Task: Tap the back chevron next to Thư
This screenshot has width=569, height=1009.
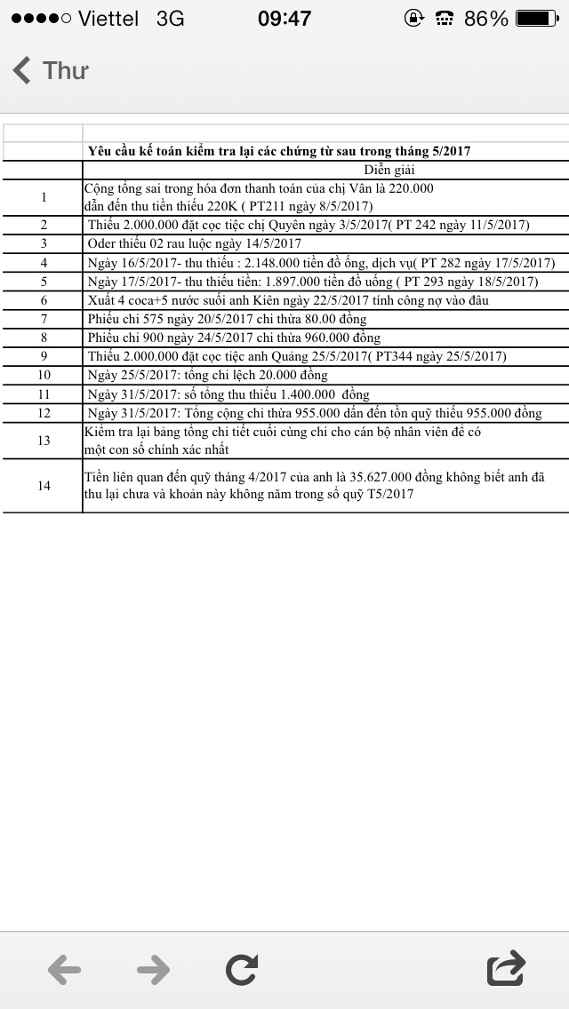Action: (x=22, y=70)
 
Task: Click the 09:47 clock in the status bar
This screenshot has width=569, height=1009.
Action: (x=284, y=18)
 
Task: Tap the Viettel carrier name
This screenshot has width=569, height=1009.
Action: (x=108, y=18)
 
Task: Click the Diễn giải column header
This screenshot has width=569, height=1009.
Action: (x=389, y=170)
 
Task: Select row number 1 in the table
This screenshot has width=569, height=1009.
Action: (x=44, y=197)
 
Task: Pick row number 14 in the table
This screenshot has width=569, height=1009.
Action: (x=44, y=486)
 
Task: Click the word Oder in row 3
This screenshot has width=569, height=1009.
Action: (x=104, y=243)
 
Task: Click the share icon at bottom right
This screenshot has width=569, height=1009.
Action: (x=506, y=968)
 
